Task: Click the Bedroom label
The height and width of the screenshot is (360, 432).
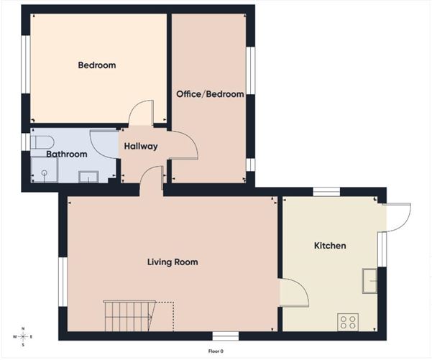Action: tap(97, 65)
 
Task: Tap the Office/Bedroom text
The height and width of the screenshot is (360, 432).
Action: tap(210, 94)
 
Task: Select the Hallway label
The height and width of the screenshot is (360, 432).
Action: tap(140, 147)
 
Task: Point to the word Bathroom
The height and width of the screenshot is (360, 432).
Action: tap(67, 154)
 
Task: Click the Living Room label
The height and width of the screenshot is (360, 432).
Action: tap(173, 262)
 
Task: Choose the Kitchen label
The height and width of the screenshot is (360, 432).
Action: tap(330, 246)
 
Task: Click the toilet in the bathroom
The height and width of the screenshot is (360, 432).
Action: tap(41, 140)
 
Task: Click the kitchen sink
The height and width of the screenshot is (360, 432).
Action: tap(371, 280)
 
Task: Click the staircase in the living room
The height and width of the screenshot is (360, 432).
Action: tap(129, 316)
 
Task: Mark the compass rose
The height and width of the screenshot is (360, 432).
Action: tap(24, 336)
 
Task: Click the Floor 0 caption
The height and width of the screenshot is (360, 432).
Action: tap(216, 351)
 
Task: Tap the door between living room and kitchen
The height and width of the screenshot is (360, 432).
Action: tap(293, 292)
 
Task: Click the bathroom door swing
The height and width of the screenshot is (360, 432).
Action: tap(104, 144)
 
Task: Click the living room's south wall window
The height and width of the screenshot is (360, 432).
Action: tap(226, 336)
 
